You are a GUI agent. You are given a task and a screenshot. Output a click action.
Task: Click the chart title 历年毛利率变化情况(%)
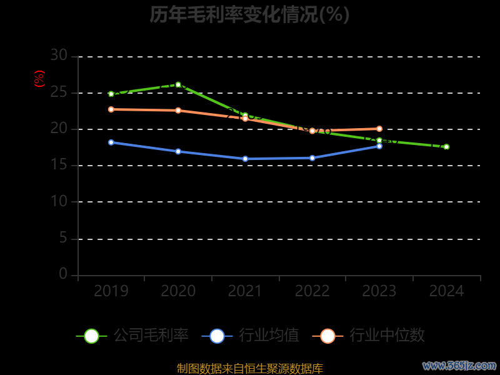(249, 14)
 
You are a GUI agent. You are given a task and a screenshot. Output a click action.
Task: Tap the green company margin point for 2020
(178, 84)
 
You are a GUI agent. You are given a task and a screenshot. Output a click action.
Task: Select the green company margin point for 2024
(446, 147)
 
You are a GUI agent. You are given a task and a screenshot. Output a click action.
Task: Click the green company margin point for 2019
(111, 94)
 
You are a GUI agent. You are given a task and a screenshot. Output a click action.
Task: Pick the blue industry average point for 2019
(111, 142)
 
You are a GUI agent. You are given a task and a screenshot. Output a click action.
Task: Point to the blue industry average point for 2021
(245, 159)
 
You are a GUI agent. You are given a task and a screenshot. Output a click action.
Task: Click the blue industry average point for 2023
(379, 146)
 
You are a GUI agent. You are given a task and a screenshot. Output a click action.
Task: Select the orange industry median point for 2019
(111, 109)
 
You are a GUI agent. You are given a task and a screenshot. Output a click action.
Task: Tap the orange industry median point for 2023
(379, 129)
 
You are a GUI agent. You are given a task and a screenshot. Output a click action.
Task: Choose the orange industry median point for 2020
(178, 111)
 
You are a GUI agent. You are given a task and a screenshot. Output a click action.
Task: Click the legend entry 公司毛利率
(132, 336)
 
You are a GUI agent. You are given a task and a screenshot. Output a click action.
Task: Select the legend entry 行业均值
(251, 336)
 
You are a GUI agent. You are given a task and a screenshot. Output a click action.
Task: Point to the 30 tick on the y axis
(59, 56)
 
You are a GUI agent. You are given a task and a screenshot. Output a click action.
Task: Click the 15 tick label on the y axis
(59, 166)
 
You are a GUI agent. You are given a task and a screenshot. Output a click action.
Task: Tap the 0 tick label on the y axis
(63, 274)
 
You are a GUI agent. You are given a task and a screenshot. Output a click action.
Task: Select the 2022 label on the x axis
(312, 291)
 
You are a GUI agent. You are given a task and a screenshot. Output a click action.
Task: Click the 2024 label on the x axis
(446, 291)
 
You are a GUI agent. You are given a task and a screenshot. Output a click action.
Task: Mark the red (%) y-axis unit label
(39, 79)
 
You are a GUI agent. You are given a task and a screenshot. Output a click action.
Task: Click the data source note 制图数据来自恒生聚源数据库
(249, 369)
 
